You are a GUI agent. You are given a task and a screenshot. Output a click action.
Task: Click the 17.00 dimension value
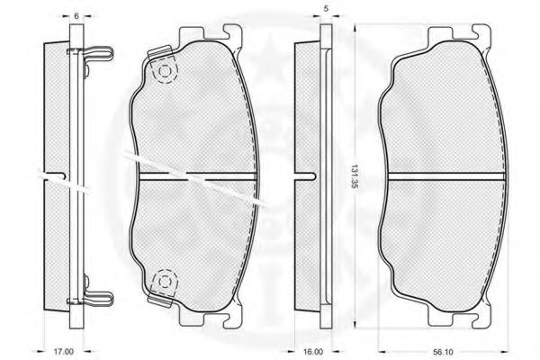[64, 352]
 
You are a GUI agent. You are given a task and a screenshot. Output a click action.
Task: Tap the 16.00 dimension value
[314, 352]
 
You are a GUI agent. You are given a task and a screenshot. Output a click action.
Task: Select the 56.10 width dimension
[443, 352]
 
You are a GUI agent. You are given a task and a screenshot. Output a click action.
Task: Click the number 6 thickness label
[76, 16]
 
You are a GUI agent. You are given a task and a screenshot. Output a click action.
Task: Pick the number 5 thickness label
[326, 9]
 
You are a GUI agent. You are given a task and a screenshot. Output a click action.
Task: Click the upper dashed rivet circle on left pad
[165, 71]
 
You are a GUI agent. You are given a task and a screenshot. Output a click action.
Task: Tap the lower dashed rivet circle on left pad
[165, 282]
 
